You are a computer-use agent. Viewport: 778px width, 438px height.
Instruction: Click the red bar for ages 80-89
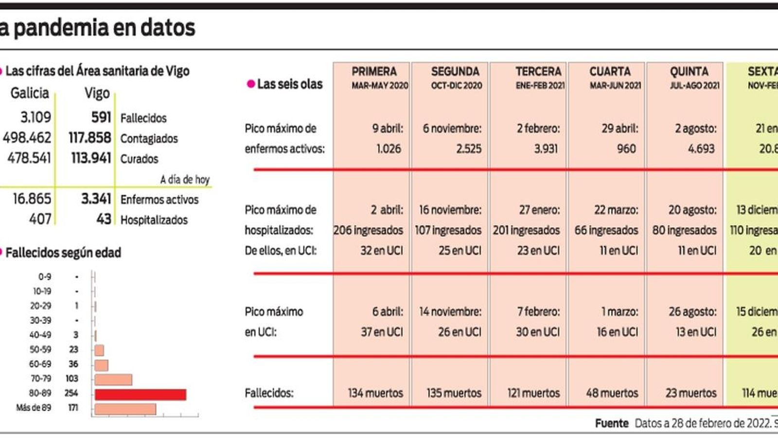click(140, 394)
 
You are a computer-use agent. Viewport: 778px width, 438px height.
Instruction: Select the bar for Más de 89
click(125, 409)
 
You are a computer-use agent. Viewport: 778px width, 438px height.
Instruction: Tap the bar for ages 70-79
click(113, 380)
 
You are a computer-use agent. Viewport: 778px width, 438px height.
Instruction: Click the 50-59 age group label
click(40, 349)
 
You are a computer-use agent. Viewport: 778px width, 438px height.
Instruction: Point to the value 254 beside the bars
click(71, 393)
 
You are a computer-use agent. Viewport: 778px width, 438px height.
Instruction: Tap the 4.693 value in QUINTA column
click(701, 149)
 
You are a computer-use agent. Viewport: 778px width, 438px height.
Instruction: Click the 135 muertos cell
click(454, 393)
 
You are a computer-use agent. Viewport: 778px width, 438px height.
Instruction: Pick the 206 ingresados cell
click(368, 230)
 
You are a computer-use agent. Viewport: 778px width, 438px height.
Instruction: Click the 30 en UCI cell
click(538, 332)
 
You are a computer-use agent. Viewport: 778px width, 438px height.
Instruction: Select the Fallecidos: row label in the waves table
click(269, 393)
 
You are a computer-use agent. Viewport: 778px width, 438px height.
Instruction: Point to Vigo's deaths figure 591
click(101, 118)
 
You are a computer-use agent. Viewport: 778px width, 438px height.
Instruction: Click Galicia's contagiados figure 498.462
click(27, 138)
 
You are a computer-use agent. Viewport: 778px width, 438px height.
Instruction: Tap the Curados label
click(139, 159)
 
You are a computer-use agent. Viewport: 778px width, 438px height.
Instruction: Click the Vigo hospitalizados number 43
click(104, 219)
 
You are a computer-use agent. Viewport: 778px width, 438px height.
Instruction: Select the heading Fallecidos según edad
click(63, 253)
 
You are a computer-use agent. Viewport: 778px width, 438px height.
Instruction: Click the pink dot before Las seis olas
click(251, 84)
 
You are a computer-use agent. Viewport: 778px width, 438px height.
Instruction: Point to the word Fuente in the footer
click(612, 423)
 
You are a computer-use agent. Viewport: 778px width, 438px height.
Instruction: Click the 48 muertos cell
click(612, 393)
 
